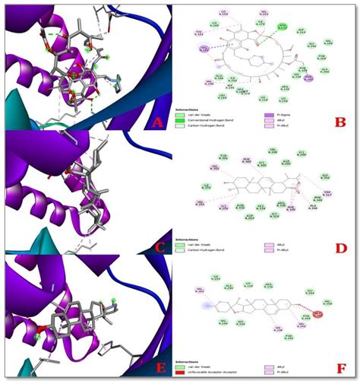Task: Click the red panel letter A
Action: pos(156,121)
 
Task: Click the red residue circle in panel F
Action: pos(317,313)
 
